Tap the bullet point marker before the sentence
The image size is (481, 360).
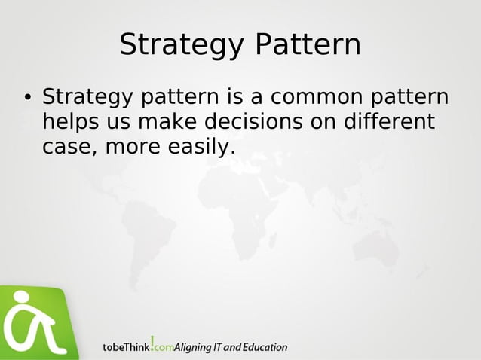[26, 98]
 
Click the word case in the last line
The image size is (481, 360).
[66, 147]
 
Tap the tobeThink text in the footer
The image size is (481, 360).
[126, 347]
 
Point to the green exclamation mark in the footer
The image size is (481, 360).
[153, 343]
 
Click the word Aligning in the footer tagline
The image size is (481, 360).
[195, 347]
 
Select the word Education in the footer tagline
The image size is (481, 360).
[265, 347]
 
